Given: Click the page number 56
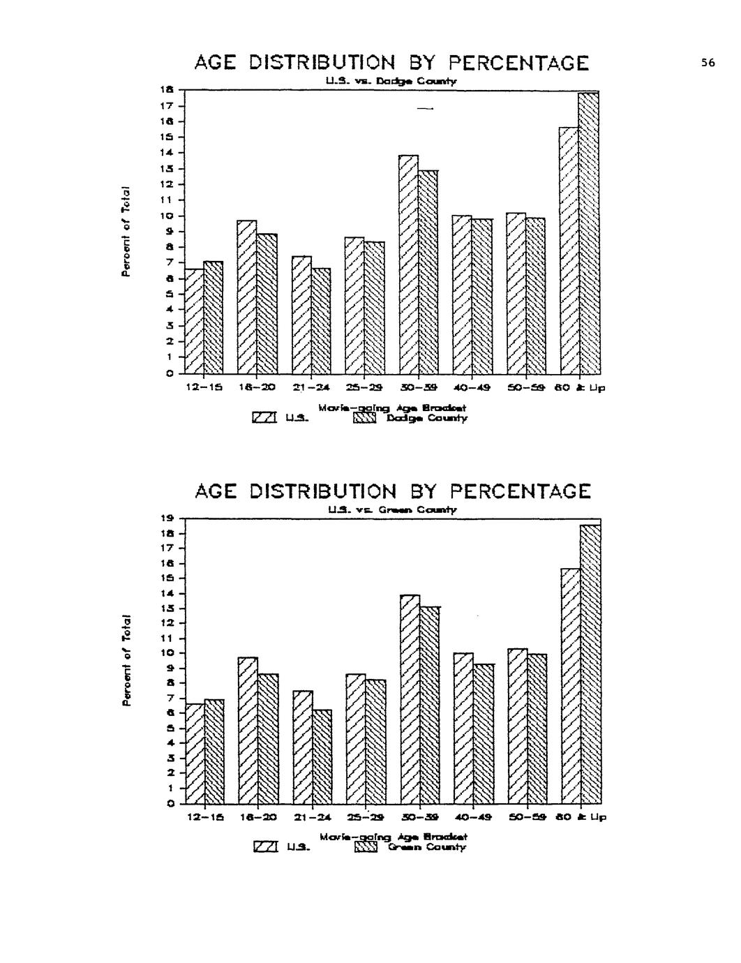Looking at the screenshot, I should coord(708,63).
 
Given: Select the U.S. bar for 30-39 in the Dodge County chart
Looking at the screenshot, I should coord(408,265).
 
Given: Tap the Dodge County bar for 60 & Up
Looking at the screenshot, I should coord(590,234).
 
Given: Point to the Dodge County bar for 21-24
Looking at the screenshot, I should coord(321,321).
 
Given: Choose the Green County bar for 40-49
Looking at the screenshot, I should coord(484,733).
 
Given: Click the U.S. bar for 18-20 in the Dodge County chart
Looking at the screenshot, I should coord(247,297).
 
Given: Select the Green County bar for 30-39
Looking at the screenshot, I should coord(430,705).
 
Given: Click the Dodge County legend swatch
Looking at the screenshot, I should coord(365,418).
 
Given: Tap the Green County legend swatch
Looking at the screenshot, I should coord(366,847).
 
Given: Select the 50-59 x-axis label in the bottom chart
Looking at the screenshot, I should coord(527,816).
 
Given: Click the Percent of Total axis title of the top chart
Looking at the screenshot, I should coord(126,232).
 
